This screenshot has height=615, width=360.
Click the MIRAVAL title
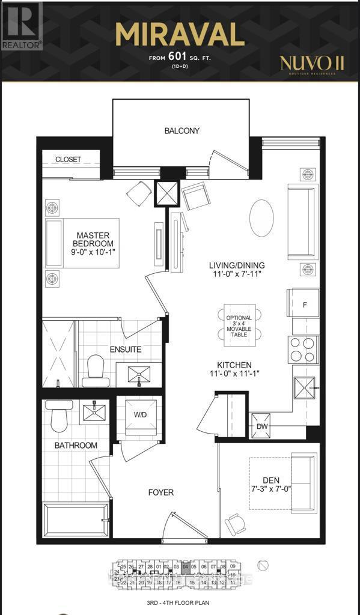180,35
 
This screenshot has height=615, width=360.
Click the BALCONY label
182,130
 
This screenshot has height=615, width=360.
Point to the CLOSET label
68,160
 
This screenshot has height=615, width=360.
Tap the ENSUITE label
125,349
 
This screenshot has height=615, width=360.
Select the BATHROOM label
76,446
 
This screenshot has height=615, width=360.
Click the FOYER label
161,492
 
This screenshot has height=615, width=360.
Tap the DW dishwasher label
262,426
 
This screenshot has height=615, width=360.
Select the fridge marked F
305,304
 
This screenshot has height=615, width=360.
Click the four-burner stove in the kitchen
304,350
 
